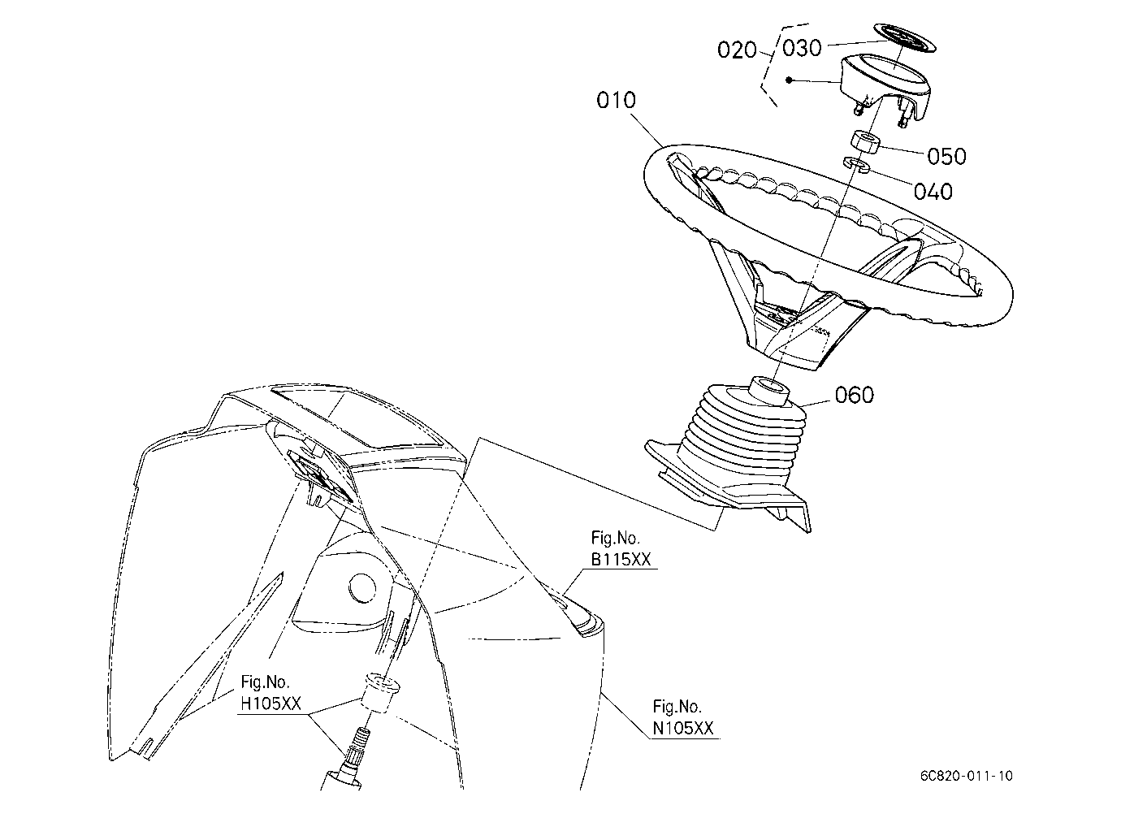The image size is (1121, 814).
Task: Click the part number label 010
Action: pos(616,100)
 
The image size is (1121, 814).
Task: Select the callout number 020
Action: pos(737,50)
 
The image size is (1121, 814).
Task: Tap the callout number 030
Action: pos(802,48)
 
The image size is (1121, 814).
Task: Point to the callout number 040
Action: pos(933,191)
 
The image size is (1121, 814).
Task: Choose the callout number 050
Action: pos(947,156)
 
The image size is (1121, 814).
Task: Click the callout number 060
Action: pos(855,395)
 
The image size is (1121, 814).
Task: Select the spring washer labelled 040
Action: pos(856,164)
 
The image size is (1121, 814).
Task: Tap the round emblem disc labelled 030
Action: pos(905,37)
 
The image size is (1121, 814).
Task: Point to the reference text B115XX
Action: pos(621,559)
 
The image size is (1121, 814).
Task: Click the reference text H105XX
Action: pos(271,704)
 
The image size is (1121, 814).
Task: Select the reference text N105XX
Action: pos(683,728)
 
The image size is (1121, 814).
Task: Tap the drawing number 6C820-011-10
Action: pos(967,777)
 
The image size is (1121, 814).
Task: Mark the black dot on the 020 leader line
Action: pos(790,80)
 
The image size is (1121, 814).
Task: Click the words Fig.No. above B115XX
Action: pos(615,538)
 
